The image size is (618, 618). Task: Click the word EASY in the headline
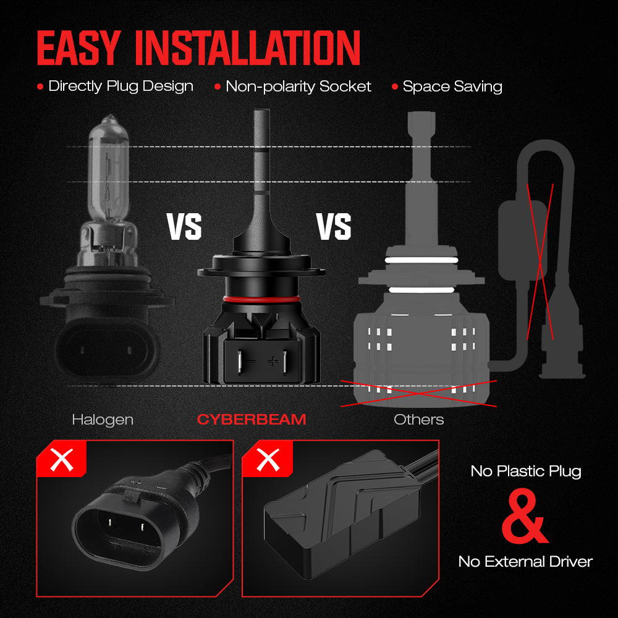(x=78, y=48)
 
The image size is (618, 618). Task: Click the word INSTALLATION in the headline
(x=248, y=48)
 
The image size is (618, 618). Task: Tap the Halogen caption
(x=103, y=420)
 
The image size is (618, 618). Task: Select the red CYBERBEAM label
(x=252, y=420)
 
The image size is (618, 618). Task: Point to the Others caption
(x=418, y=420)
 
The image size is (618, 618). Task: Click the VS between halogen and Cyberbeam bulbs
(x=184, y=226)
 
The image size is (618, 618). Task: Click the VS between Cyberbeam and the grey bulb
(x=334, y=226)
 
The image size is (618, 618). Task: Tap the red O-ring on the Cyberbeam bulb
(x=261, y=299)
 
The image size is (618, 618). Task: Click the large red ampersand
(x=524, y=516)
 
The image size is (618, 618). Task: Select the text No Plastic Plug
(x=526, y=472)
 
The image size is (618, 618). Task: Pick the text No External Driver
(x=525, y=561)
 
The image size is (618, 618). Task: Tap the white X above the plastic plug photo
(x=62, y=460)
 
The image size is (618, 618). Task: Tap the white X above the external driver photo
(x=268, y=460)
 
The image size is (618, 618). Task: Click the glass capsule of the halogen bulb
(x=109, y=169)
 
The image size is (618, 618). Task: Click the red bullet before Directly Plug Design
(x=40, y=87)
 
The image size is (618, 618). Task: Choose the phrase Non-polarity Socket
(x=298, y=87)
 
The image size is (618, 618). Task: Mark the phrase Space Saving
(x=452, y=87)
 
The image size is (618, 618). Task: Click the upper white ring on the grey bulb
(x=421, y=260)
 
